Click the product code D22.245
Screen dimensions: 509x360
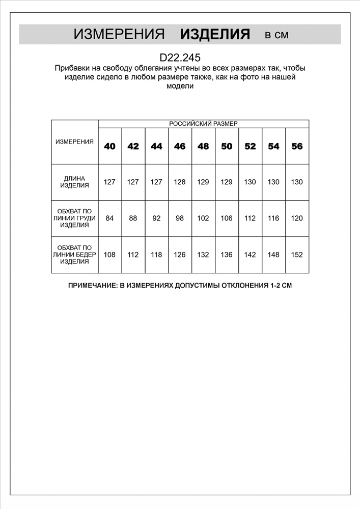point(180,58)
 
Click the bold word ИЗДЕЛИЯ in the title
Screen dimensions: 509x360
point(215,35)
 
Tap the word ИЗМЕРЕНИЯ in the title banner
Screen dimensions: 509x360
point(119,35)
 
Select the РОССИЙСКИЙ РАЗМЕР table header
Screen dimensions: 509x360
point(203,124)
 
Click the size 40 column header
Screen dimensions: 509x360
point(109,146)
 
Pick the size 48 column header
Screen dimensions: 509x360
point(203,146)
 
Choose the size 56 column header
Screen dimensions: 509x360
point(297,146)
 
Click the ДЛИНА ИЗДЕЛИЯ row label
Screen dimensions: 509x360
point(74,182)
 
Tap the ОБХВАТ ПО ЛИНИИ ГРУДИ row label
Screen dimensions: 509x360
point(74,218)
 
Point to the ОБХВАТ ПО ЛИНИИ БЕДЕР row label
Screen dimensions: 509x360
point(74,254)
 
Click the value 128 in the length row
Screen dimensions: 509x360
point(180,182)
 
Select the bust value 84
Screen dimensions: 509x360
point(109,218)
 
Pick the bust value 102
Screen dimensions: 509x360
point(203,218)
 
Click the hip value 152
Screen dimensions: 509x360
point(297,254)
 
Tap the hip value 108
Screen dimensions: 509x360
point(109,254)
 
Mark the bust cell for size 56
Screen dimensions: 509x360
point(297,218)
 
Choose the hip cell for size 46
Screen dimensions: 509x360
point(180,254)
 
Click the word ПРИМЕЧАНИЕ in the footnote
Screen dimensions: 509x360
point(92,286)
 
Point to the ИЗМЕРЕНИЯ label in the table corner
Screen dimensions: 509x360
point(74,142)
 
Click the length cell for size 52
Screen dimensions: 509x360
point(250,182)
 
